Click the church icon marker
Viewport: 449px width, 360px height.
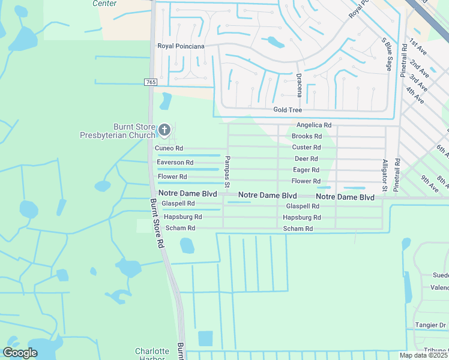[x=164, y=130]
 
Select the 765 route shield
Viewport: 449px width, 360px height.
[x=151, y=82]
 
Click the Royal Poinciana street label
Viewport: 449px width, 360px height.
[x=181, y=46]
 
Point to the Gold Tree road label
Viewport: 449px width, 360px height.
[x=288, y=110]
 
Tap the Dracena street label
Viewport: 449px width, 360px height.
[x=298, y=85]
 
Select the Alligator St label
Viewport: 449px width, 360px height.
[x=385, y=175]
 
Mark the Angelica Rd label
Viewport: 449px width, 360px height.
[x=314, y=125]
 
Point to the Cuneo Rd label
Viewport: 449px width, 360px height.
[x=169, y=148]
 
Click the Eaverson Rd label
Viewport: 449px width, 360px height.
[x=175, y=163]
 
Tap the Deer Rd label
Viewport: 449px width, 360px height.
[x=306, y=159]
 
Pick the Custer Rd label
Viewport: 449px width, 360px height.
[x=306, y=148]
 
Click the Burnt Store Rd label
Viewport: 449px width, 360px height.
[x=157, y=224]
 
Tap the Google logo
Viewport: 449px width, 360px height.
[x=20, y=353]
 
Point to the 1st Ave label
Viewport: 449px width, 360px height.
[x=418, y=47]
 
